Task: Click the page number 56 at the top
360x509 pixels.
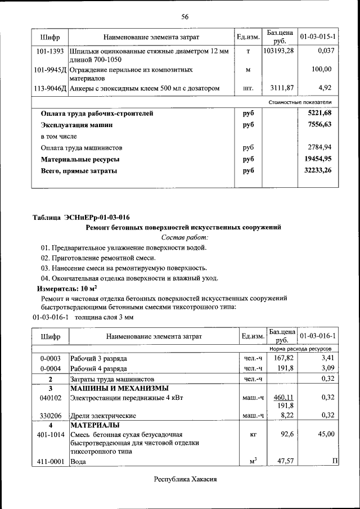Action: click(184, 16)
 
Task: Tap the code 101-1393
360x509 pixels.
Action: click(51, 51)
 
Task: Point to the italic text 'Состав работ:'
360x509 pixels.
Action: click(184, 237)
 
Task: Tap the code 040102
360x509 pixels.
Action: click(51, 397)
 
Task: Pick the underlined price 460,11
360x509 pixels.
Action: click(283, 397)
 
